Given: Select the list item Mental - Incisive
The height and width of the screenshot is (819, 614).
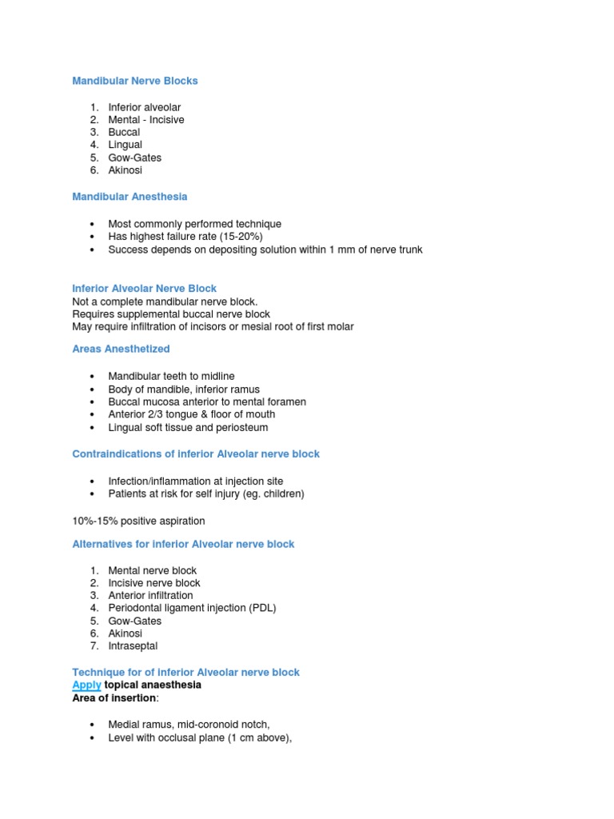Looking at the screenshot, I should pos(146,120).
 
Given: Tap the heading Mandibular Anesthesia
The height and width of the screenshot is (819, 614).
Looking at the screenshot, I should pos(130,197).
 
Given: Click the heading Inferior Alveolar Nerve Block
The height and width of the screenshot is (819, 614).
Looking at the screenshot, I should pos(144,288).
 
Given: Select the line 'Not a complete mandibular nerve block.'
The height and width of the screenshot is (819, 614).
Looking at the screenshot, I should pos(165,302).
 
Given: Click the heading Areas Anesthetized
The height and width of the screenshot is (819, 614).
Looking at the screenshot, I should pos(121,350).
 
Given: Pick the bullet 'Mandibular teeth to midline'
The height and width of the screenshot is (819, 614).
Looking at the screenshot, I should pos(171,377).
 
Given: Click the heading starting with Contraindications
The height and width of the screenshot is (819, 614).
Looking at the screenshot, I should pos(196,454).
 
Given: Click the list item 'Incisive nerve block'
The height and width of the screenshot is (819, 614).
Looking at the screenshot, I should pos(154,583).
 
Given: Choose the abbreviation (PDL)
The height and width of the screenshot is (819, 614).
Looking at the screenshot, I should pos(261,608).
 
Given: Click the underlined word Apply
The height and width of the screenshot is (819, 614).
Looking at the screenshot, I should pos(86,685).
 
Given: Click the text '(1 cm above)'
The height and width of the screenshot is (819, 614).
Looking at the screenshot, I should pos(260,737).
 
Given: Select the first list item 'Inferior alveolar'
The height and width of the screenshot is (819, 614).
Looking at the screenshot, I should pos(145,107).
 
